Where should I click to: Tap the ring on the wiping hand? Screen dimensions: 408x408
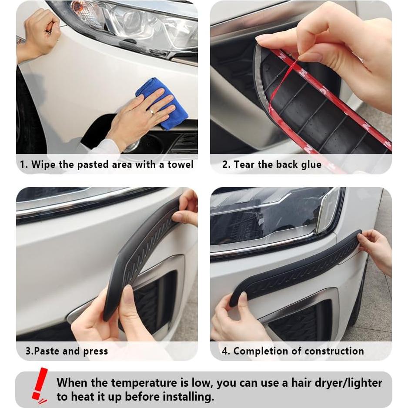[151, 112]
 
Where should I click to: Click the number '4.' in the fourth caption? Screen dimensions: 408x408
[226, 351]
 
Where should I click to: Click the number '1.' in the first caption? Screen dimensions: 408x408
[24, 165]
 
